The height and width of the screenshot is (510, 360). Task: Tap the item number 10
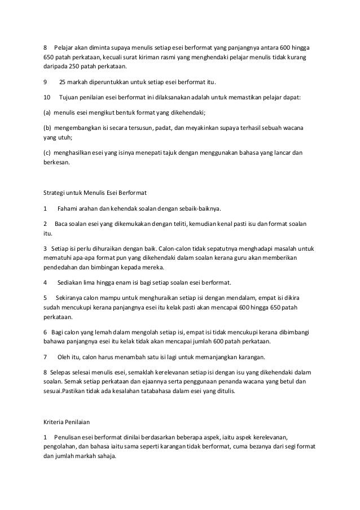pyautogui.click(x=47, y=97)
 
